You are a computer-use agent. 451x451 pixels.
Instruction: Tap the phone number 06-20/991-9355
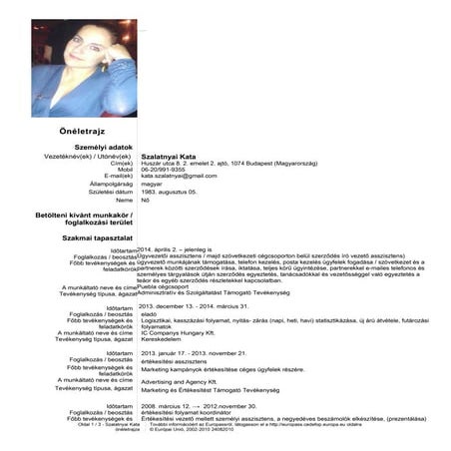167,170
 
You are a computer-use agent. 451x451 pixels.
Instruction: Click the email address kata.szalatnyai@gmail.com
186,177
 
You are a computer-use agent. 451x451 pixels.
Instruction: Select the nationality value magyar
153,184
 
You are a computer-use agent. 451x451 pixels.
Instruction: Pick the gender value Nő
146,200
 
